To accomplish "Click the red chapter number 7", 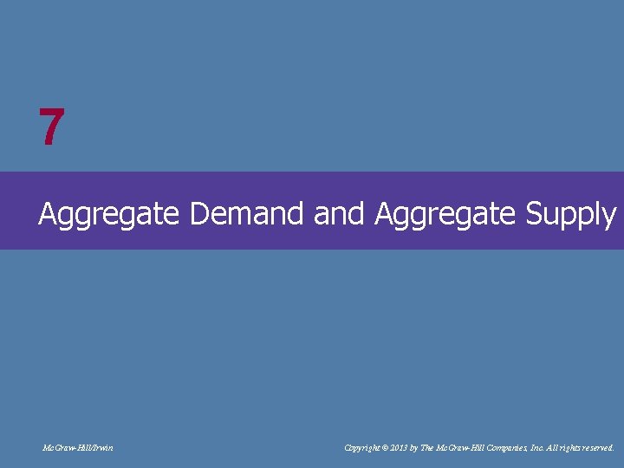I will click(x=51, y=128).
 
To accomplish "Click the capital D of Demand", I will click(x=199, y=212).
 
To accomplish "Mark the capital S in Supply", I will click(x=535, y=212).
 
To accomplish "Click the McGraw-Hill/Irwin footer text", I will click(x=78, y=448).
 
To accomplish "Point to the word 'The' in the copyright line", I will click(x=428, y=448).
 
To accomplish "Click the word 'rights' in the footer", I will click(x=565, y=448).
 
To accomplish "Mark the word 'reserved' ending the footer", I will click(x=596, y=448).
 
